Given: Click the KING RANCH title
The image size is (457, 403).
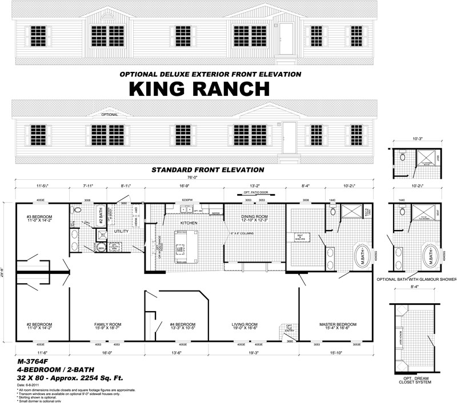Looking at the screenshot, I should pyautogui.click(x=198, y=89).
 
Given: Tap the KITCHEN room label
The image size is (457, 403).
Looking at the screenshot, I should pyautogui.click(x=189, y=223).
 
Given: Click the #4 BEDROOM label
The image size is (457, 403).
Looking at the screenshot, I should pyautogui.click(x=182, y=324).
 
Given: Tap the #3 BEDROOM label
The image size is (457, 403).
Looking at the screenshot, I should pyautogui.click(x=39, y=217).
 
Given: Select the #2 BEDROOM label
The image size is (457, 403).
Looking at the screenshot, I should pyautogui.click(x=39, y=324).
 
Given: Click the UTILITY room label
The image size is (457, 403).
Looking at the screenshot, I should pyautogui.click(x=121, y=232).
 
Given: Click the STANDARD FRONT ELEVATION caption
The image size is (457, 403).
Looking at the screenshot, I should pyautogui.click(x=207, y=170).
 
